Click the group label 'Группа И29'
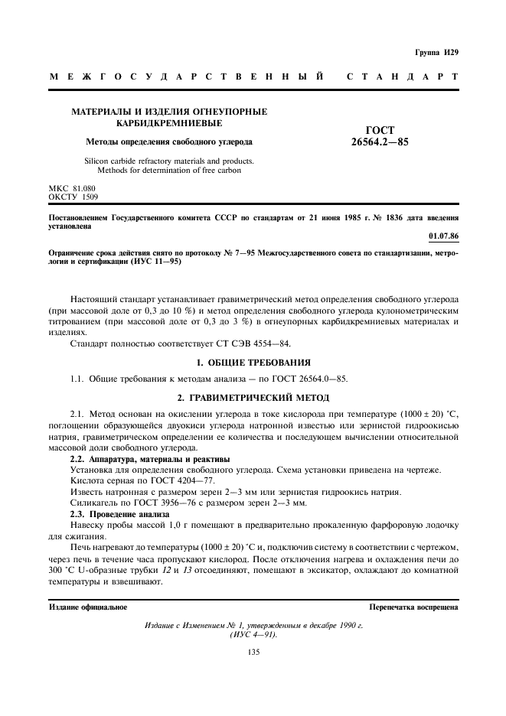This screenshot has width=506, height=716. point(439,52)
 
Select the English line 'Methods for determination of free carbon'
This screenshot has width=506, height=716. point(169,171)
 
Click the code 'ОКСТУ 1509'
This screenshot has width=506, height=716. point(74,197)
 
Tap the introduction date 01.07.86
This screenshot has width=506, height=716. point(443,236)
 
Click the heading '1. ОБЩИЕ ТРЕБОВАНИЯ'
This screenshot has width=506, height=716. point(253,361)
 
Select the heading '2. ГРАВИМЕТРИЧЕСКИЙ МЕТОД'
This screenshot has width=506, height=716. point(253,398)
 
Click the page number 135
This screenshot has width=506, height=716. point(253,652)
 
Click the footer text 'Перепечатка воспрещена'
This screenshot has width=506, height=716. point(413,607)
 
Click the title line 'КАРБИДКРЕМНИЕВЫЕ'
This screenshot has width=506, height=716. point(169,122)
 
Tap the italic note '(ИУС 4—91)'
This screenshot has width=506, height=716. point(253,636)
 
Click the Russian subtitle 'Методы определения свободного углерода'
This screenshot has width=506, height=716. point(169,142)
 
